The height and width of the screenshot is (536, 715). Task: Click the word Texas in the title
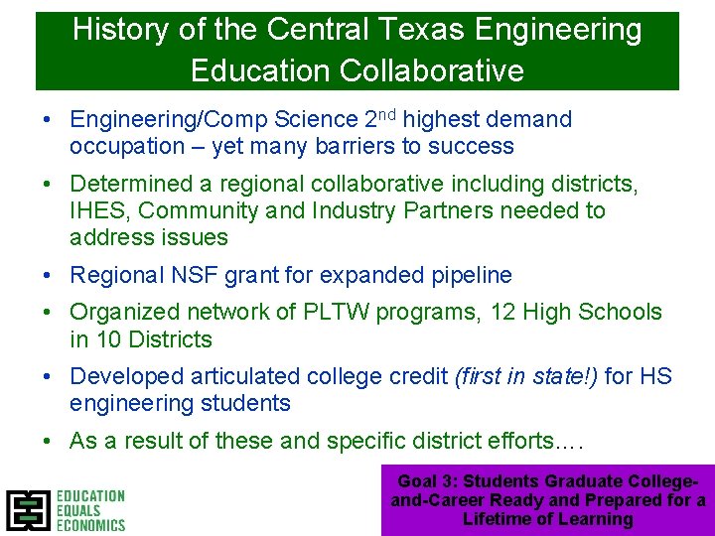[403, 30]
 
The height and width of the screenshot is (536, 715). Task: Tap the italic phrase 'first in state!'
[525, 376]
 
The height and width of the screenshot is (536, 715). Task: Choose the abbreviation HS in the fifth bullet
[656, 376]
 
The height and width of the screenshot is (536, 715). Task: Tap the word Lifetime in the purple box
[496, 519]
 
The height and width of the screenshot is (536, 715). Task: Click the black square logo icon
[28, 510]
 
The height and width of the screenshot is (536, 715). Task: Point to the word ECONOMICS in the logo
[90, 524]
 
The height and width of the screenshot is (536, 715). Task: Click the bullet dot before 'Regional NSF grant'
[48, 276]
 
